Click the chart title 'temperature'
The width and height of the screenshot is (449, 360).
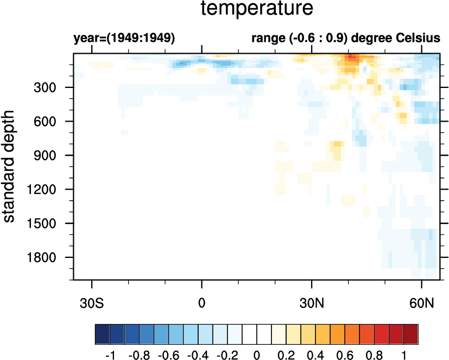(x=257, y=9)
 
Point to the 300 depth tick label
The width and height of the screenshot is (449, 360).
(x=53, y=87)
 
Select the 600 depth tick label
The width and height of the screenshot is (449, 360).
(x=53, y=122)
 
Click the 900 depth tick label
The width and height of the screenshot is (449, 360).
(x=53, y=155)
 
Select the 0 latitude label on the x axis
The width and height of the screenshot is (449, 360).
(x=202, y=302)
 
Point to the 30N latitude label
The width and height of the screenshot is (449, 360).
(x=312, y=302)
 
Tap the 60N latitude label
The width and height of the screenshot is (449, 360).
(x=422, y=302)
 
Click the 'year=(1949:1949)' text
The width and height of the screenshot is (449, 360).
(x=124, y=39)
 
